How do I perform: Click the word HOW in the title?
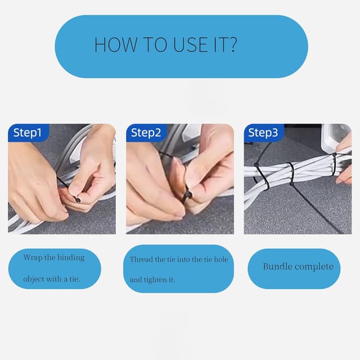tap(115, 44)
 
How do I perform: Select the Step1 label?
tap(28, 133)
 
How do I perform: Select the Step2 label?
tap(146, 133)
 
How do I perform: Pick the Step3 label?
tap(263, 133)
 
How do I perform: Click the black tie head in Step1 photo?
tap(76, 199)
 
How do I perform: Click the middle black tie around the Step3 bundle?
tap(291, 174)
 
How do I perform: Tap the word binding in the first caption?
tap(71, 258)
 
